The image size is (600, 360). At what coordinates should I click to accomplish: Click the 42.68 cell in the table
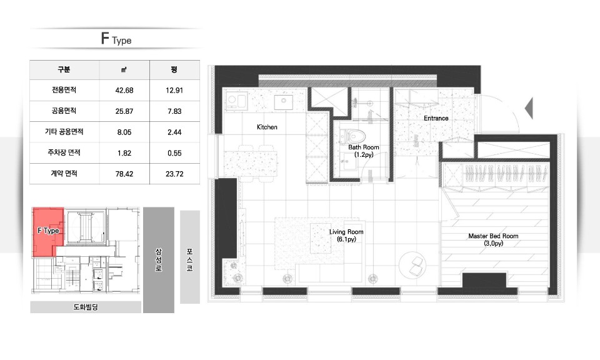click(x=124, y=90)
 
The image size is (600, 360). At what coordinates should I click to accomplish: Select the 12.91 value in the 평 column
click(x=174, y=90)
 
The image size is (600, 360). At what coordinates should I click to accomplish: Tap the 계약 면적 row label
click(x=64, y=173)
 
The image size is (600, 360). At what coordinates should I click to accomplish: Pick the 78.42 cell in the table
click(x=124, y=174)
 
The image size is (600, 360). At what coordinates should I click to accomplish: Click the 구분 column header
click(x=64, y=69)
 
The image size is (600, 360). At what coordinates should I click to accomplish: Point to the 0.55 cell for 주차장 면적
click(x=174, y=153)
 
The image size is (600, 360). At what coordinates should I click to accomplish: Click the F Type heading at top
click(x=116, y=39)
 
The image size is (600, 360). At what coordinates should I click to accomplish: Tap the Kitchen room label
click(x=267, y=127)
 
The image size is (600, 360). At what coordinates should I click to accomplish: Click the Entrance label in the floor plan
click(x=436, y=118)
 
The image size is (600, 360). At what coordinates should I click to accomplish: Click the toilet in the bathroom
click(x=352, y=136)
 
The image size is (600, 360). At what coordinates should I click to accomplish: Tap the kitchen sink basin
click(x=284, y=102)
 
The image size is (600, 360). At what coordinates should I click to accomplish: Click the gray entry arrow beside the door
click(x=529, y=108)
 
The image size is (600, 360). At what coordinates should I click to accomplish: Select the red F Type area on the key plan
click(x=47, y=231)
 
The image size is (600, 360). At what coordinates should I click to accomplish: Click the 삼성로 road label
click(x=158, y=260)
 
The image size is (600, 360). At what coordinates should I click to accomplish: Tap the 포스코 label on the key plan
click(x=190, y=260)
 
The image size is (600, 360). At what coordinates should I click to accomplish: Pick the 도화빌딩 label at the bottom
click(x=86, y=307)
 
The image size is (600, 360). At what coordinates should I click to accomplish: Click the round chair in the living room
click(x=412, y=264)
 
